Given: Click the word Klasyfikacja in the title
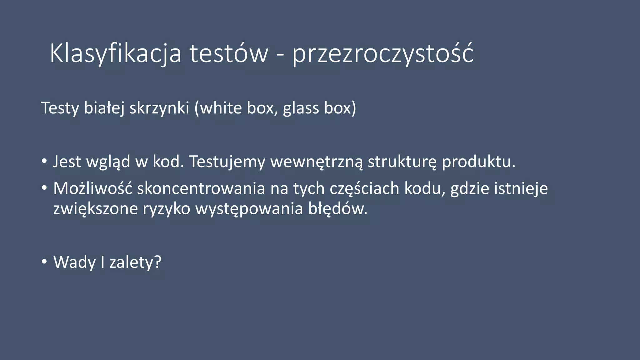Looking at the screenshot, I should [x=115, y=54].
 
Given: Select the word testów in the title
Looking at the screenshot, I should [x=229, y=54].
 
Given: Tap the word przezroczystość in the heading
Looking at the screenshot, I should [x=383, y=54].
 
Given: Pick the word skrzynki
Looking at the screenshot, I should [x=159, y=108].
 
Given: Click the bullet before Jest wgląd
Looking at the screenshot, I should [x=44, y=161].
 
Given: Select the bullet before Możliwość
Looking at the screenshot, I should [x=44, y=188].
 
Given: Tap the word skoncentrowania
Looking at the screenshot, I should [x=201, y=189].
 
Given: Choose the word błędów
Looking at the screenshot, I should [x=337, y=209].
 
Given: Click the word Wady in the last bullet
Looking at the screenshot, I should [x=74, y=262].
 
